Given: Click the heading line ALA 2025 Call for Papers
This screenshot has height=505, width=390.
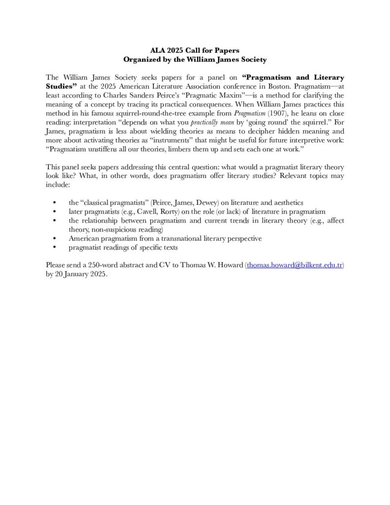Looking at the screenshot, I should point(194,50).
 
